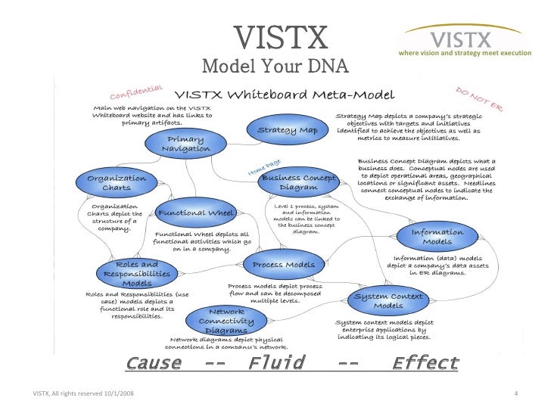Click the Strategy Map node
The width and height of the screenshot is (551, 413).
pyautogui.click(x=288, y=129)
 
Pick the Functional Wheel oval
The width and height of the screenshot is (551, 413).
pyautogui.click(x=195, y=213)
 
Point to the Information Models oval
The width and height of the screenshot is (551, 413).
pyautogui.click(x=437, y=238)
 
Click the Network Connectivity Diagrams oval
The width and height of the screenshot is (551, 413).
pyautogui.click(x=226, y=321)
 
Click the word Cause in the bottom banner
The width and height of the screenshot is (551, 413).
pyautogui.click(x=154, y=363)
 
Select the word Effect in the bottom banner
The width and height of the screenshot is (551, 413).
pyautogui.click(x=425, y=363)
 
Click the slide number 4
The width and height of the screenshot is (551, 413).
pyautogui.click(x=515, y=393)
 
